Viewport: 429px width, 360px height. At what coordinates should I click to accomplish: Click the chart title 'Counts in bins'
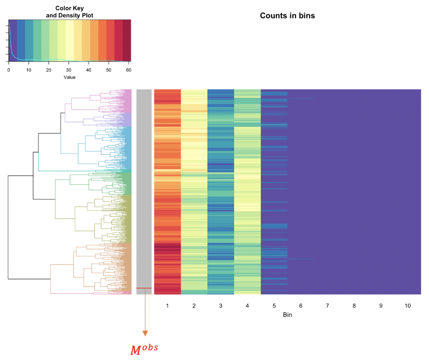coord(287,16)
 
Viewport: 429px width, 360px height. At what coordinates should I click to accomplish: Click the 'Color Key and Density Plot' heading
coord(69,12)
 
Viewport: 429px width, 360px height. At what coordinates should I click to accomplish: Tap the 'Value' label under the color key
coord(69,77)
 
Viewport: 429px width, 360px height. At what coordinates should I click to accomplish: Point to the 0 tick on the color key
coord(9,70)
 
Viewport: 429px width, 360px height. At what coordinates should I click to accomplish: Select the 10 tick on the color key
coord(29,70)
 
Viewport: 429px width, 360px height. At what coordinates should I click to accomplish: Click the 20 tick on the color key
coord(49,70)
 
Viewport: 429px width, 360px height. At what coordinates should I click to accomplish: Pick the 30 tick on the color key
coord(69,70)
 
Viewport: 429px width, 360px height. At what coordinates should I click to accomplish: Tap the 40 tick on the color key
coord(89,70)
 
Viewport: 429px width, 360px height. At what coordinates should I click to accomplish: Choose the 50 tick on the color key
coord(109,70)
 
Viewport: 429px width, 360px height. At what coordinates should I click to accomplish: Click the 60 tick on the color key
coord(129,70)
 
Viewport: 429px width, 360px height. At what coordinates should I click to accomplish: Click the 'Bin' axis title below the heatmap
coord(287,315)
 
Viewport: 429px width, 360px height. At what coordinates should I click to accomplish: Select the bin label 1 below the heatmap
coord(167,306)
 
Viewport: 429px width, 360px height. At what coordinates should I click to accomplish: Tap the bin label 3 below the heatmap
coord(221,306)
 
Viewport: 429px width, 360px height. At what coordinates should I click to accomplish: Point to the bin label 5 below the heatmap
coord(274,306)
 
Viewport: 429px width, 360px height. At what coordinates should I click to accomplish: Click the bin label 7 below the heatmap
coord(327,306)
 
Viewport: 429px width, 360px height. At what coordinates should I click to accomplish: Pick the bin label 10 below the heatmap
coord(407,306)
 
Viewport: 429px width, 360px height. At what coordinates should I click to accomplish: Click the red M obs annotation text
coord(144,350)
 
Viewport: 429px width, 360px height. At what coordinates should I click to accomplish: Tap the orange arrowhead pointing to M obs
coord(144,333)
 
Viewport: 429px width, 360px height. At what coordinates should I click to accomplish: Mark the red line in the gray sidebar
coord(144,288)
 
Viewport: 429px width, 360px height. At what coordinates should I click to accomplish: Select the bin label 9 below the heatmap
coord(381,306)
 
